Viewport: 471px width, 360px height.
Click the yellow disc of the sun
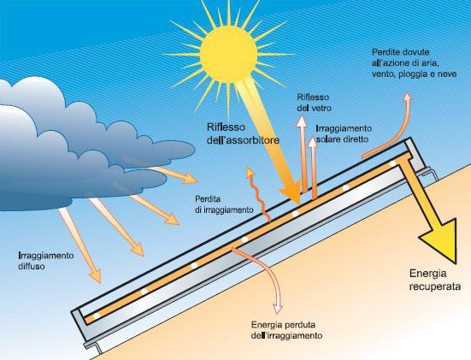click(228, 54)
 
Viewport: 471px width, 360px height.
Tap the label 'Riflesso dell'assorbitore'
click(243, 133)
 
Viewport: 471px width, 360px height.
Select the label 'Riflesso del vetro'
click(314, 103)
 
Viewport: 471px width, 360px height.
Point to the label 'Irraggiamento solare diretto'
click(344, 133)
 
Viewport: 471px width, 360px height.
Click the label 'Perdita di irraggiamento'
click(224, 204)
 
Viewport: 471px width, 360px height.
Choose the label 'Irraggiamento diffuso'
click(46, 261)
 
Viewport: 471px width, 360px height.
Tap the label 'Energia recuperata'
click(435, 280)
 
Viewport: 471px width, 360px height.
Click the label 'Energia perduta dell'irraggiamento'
click(287, 330)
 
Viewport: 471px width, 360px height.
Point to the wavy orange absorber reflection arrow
click(257, 194)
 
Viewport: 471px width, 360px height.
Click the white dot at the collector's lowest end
click(97, 316)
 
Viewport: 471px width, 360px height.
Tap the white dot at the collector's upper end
click(392, 164)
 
